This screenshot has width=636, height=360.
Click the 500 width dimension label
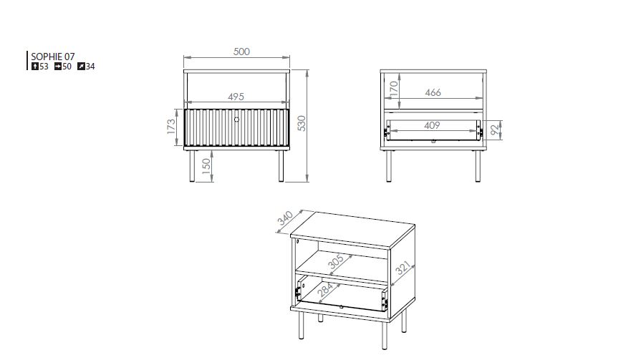click(x=241, y=52)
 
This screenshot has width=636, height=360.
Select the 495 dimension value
click(x=236, y=97)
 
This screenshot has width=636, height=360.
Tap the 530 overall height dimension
click(x=302, y=123)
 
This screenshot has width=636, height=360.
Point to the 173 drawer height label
click(x=171, y=127)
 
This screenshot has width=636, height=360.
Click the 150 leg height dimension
click(x=206, y=167)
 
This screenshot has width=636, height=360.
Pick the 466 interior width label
click(x=433, y=92)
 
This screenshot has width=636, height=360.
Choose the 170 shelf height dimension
click(x=393, y=89)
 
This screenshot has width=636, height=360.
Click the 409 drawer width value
click(x=432, y=126)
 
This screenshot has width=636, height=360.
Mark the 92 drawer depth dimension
click(x=494, y=130)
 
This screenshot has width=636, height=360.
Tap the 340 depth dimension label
click(x=285, y=218)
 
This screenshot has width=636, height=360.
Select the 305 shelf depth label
click(x=335, y=261)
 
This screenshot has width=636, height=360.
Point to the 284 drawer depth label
click(x=325, y=290)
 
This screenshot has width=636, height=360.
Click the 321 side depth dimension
click(x=403, y=268)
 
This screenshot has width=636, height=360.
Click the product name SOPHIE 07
click(x=53, y=57)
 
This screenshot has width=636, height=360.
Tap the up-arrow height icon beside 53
click(x=35, y=67)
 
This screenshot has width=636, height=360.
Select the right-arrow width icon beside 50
click(x=58, y=67)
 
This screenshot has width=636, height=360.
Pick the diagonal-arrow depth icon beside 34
click(x=81, y=67)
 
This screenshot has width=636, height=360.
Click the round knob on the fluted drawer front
click(x=237, y=120)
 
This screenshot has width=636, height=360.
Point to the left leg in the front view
click(x=192, y=166)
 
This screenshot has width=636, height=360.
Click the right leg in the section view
click(x=478, y=166)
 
